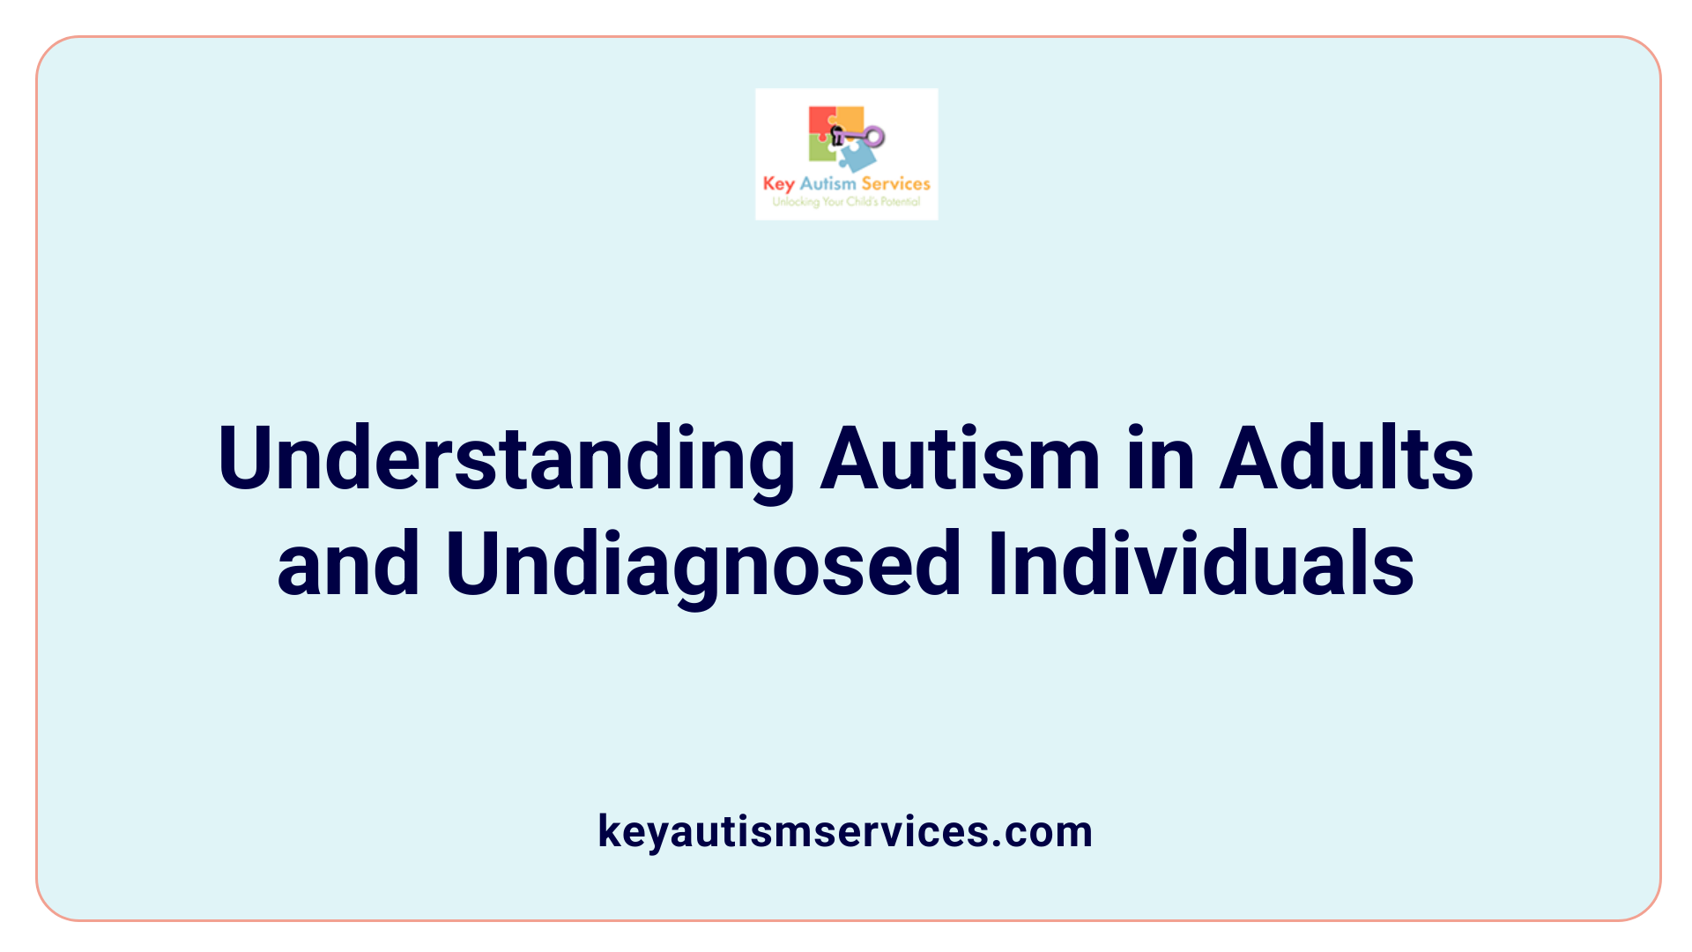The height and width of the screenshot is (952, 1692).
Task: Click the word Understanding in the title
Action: pyautogui.click(x=507, y=460)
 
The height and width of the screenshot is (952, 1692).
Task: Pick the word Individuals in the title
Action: pyautogui.click(x=1200, y=564)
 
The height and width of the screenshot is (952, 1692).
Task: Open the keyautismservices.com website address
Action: pyautogui.click(x=845, y=831)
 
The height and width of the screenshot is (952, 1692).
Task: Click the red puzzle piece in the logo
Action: pyautogui.click(x=820, y=121)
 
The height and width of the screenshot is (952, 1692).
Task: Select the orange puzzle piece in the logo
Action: pyautogui.click(x=850, y=118)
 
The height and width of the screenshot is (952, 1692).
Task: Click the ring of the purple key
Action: pyautogui.click(x=874, y=136)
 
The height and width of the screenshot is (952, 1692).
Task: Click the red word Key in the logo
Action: pyautogui.click(x=778, y=184)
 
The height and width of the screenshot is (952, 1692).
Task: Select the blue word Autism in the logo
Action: pyautogui.click(x=827, y=183)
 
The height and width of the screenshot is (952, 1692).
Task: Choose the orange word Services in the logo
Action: pyautogui.click(x=895, y=183)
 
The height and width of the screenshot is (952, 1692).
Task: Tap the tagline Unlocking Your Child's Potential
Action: pyautogui.click(x=846, y=202)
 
